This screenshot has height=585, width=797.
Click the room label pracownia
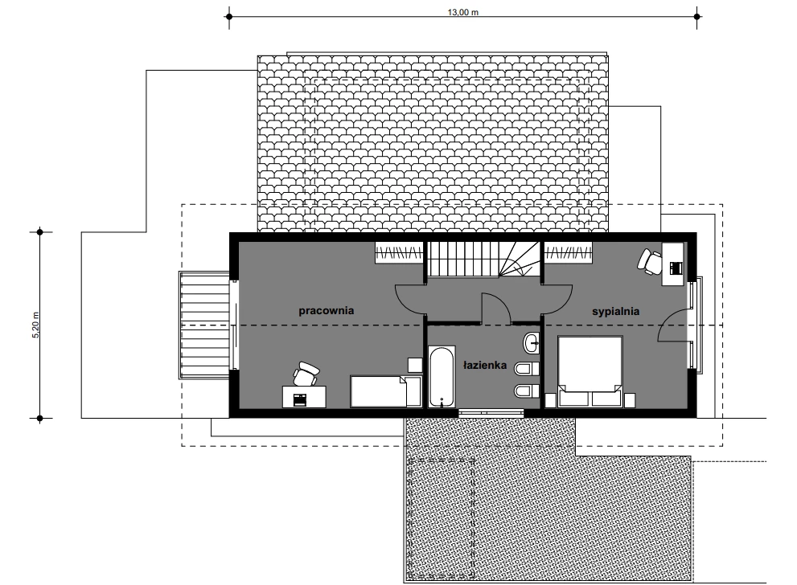pos(326,311)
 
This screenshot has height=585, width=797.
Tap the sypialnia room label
pos(615,311)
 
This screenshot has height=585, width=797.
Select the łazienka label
pos(485,365)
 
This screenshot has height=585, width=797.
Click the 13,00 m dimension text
pos(462,12)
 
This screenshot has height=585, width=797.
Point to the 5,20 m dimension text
pos(35,325)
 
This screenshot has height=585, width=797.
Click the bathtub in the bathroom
pos(442,377)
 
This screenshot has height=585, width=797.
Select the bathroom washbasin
pos(531,343)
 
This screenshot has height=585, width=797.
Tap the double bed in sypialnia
pos(590,371)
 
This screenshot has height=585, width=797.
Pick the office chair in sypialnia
pos(650,261)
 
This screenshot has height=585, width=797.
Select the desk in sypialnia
pos(673,264)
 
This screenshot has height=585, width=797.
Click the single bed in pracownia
pos(386,391)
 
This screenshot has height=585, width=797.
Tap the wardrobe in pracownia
pos(399,253)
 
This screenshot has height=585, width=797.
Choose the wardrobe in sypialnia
pos(569,253)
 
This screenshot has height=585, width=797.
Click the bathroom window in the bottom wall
pos(491,413)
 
